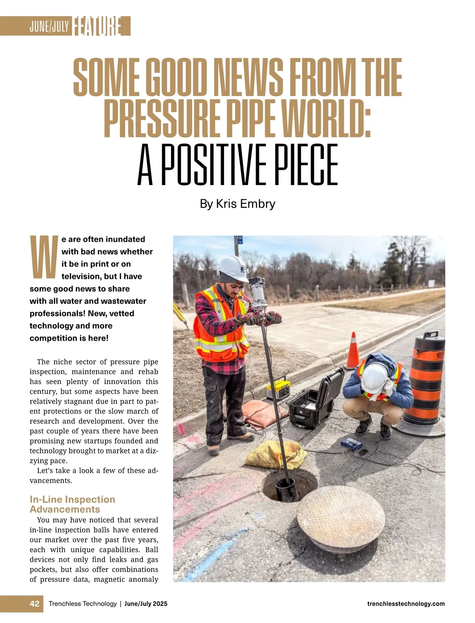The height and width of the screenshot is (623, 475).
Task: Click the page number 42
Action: coord(34,604)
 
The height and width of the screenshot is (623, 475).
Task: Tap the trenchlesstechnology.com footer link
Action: coord(406,604)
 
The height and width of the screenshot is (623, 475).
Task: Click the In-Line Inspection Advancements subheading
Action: coord(72,504)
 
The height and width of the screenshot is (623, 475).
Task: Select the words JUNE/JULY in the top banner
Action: coord(49,27)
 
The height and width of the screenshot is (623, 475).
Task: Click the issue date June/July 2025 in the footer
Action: coord(146,604)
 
